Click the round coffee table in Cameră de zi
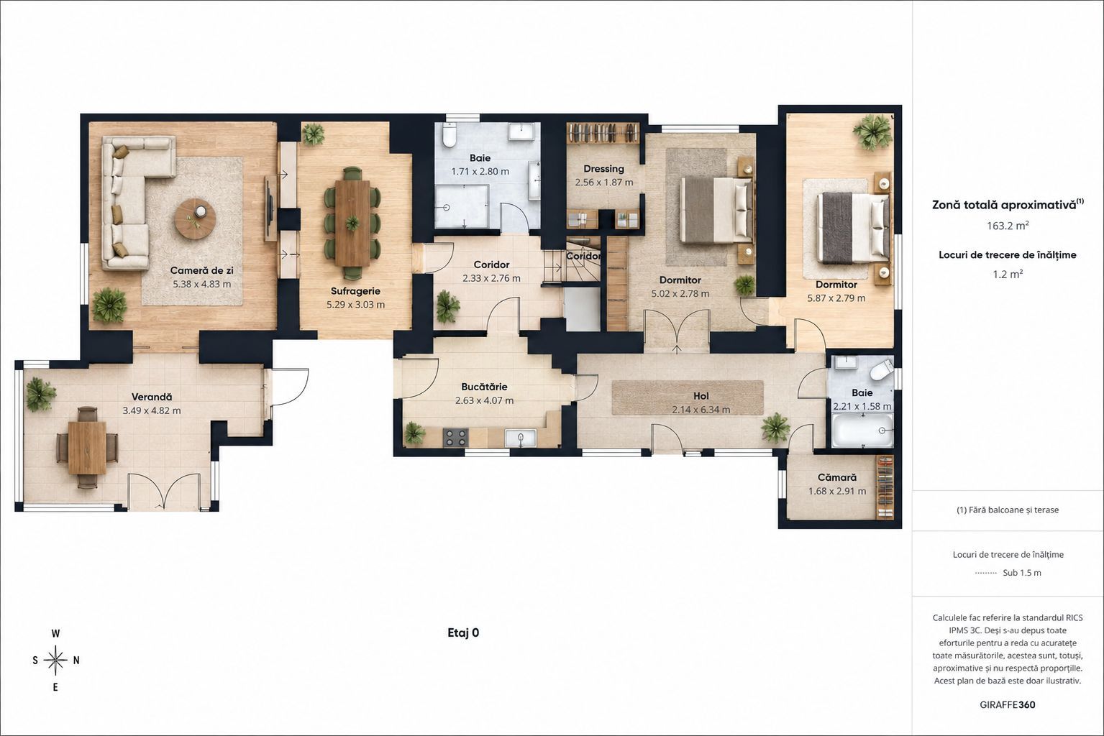coord(195,218)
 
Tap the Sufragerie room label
coord(355,290)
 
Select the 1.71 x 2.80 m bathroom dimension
coord(480,172)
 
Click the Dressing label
coord(603,168)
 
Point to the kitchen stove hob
coord(455,438)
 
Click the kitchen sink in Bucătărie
coord(521,438)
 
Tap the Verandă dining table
coord(87,448)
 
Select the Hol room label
coord(701,395)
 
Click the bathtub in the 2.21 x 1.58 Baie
coord(862,431)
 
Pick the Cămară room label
coord(837,477)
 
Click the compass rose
coord(55,660)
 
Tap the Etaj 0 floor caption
coord(463,632)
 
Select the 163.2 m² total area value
coord(1008,226)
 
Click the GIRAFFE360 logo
coord(1008,704)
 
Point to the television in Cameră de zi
coord(270,208)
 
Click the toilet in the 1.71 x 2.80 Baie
coord(450,134)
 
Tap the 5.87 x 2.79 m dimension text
coord(836,298)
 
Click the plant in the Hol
coord(775,427)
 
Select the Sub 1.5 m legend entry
coord(1022,572)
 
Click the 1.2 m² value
coord(1008,274)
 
